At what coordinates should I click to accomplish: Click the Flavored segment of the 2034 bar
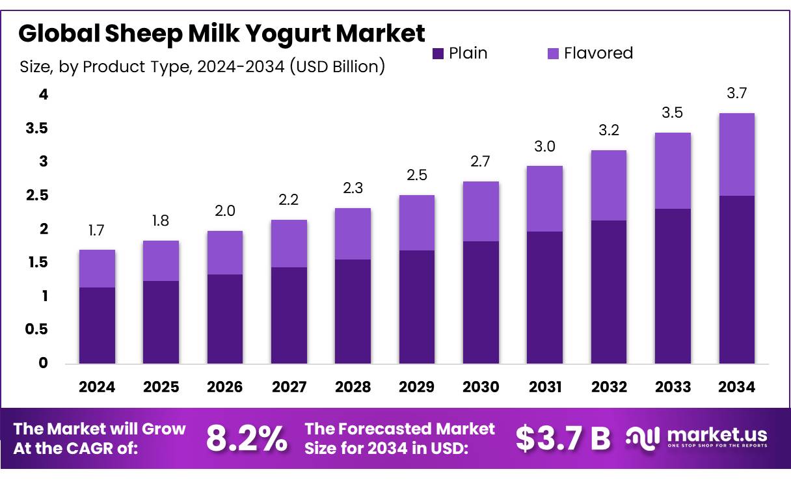[x=736, y=155]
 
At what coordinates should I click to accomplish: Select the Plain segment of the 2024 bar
[x=97, y=325]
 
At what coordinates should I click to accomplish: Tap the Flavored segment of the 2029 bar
[x=416, y=223]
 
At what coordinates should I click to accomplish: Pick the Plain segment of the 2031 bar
[x=544, y=297]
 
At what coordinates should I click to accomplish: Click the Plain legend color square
[x=438, y=53]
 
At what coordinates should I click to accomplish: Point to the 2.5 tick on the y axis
[x=37, y=195]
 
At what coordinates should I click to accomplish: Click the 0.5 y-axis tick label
[x=37, y=329]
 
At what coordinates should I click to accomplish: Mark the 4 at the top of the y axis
[x=43, y=95]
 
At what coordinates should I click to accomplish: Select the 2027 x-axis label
[x=289, y=387]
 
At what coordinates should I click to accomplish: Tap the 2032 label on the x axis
[x=609, y=387]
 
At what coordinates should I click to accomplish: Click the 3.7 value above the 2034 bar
[x=736, y=94]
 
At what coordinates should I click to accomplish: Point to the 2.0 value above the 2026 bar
[x=224, y=211]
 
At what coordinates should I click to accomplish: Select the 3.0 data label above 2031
[x=544, y=147]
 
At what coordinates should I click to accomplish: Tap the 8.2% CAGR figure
[x=247, y=439]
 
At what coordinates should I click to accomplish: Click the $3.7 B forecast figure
[x=563, y=439]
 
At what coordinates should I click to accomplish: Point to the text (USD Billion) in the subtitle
[x=337, y=66]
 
